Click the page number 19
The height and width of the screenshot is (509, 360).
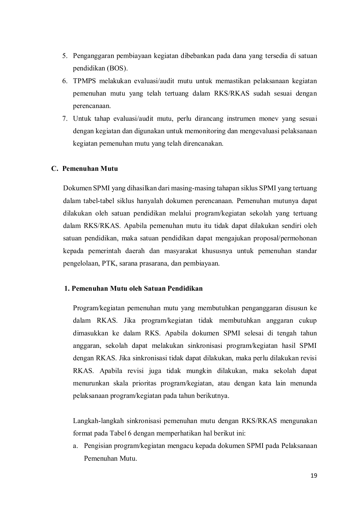pos(314,476)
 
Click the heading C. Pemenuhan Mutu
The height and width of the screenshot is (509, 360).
pos(85,169)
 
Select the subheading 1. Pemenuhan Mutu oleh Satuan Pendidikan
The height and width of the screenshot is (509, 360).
pos(133,289)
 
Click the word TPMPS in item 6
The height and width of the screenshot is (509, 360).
pos(85,81)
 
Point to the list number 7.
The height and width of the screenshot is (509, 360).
pos(65,118)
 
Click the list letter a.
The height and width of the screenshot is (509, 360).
pos(75,446)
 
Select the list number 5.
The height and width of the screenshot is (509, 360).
pos(65,56)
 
